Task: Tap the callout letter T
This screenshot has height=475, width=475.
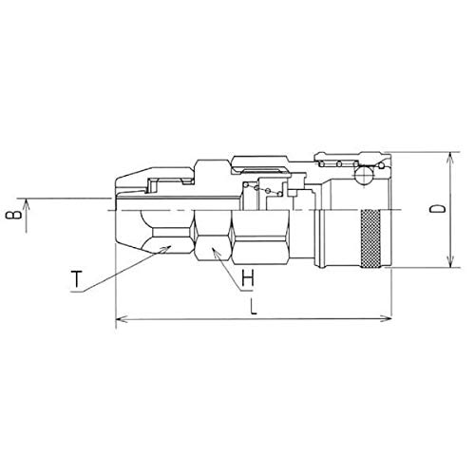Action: [x=76, y=278]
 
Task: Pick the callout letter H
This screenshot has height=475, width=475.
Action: [x=247, y=278]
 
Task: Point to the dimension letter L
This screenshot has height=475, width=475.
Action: [x=254, y=307]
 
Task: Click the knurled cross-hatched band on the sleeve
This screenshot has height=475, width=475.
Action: [x=370, y=238]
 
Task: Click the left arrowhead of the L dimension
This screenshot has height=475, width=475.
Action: [x=122, y=318]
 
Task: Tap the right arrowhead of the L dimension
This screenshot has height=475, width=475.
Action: [x=386, y=318]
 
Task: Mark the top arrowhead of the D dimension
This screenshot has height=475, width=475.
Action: [x=449, y=159]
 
